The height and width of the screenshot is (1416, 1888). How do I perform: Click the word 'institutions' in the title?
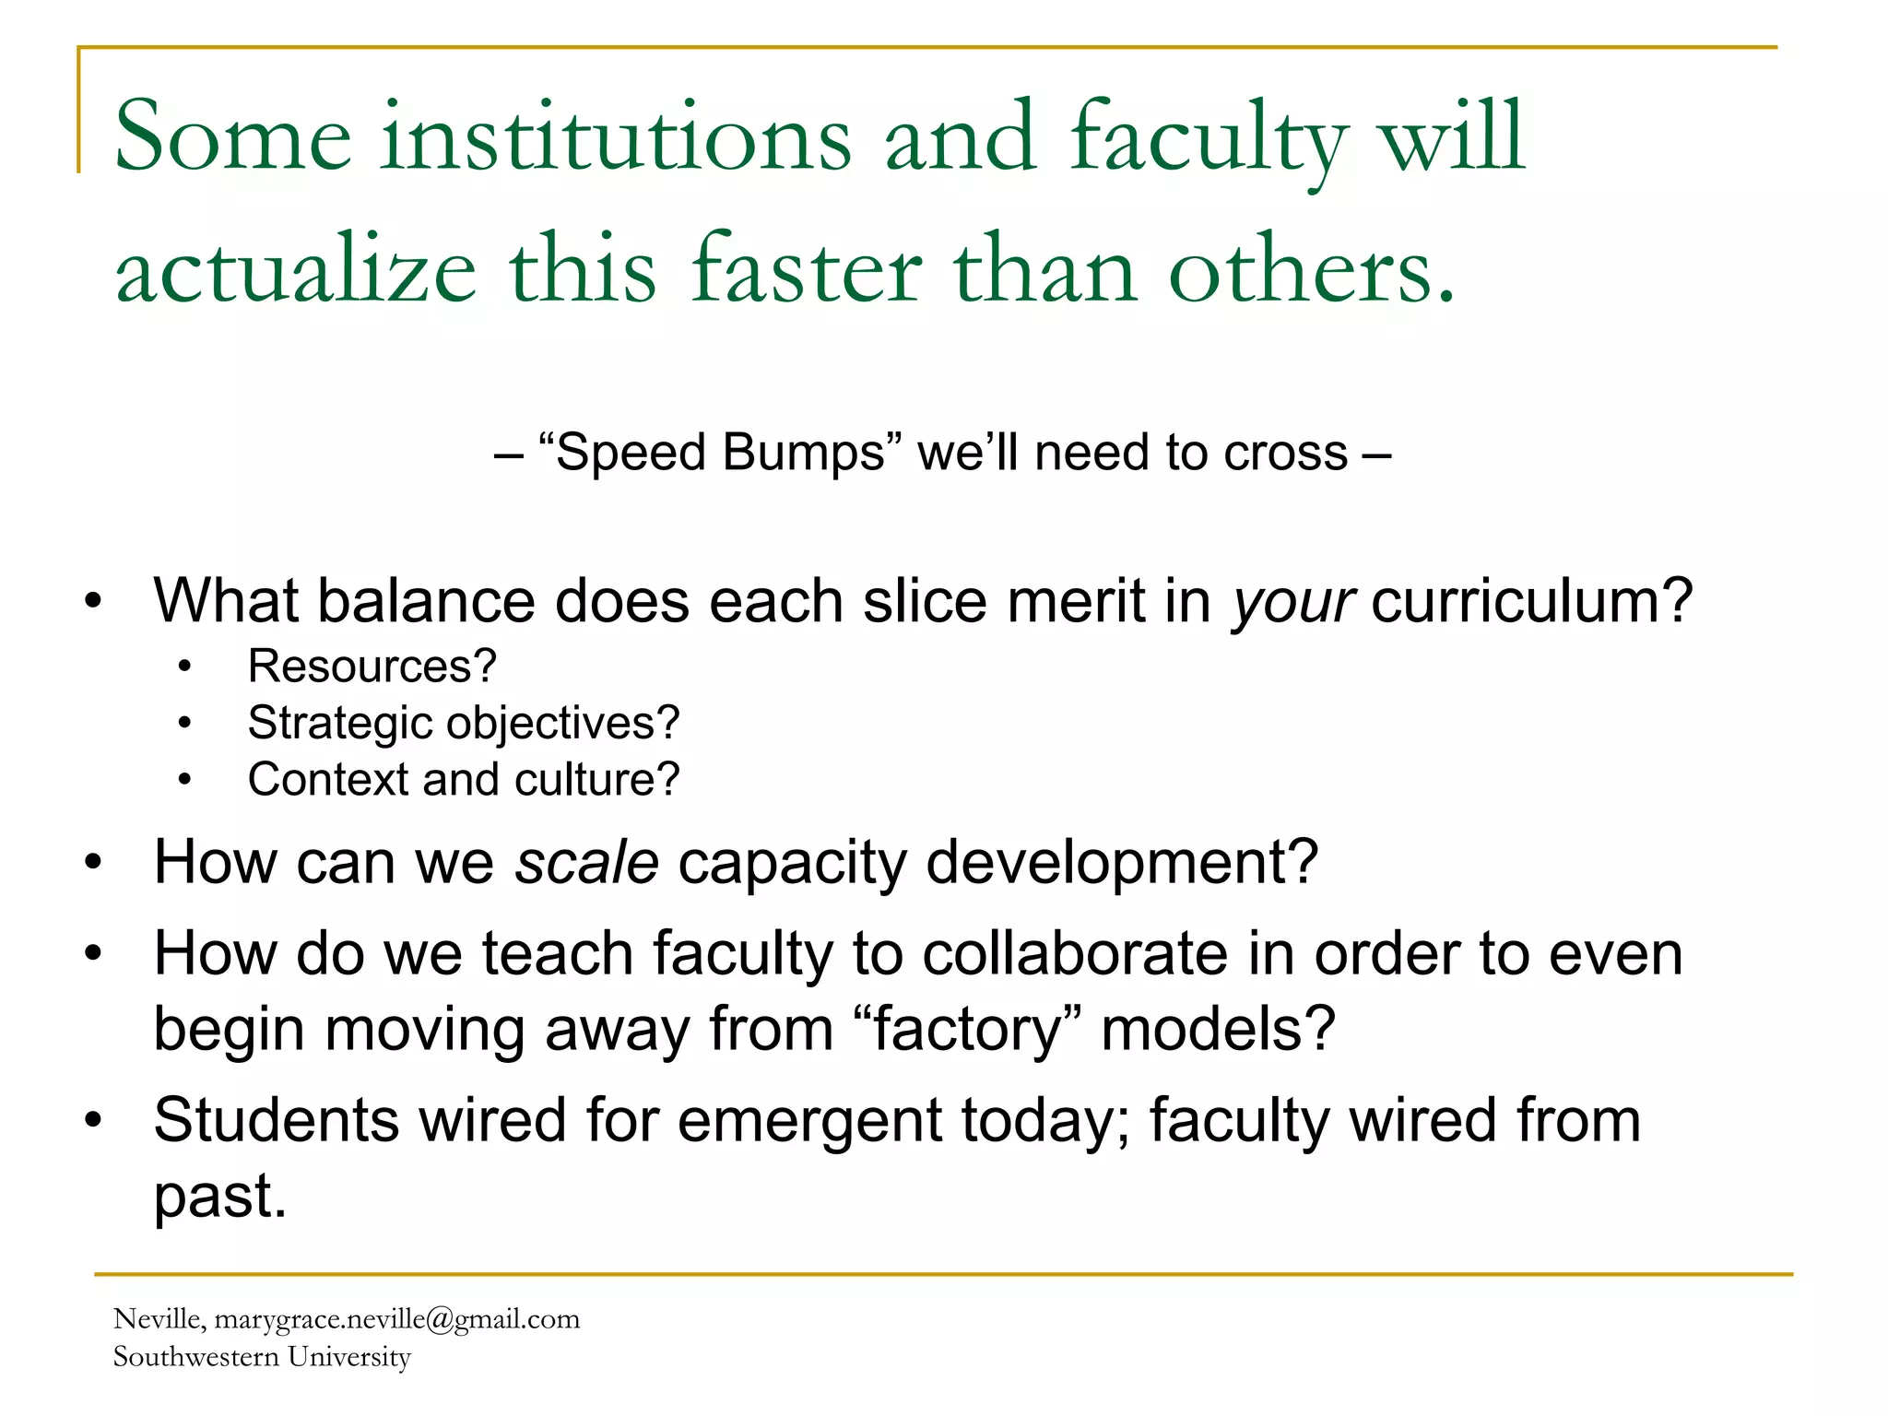coord(616,138)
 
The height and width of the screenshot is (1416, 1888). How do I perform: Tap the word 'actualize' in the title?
coord(296,270)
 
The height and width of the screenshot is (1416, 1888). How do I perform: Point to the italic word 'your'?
coord(1293,601)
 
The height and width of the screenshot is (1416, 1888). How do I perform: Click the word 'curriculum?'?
coord(1531,601)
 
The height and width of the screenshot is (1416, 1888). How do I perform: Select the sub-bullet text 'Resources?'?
coord(372,666)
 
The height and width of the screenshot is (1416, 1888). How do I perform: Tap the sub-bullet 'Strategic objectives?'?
coord(464,723)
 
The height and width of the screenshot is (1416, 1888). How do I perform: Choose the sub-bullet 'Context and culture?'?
coord(464,780)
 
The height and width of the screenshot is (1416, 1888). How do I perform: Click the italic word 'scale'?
coord(587,862)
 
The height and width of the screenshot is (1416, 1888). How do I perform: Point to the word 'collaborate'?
coord(1075,953)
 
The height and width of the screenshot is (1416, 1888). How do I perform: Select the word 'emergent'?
coord(808,1121)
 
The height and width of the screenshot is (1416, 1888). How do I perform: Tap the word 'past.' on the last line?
coord(220,1197)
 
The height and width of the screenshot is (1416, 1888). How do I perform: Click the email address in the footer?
coord(397,1319)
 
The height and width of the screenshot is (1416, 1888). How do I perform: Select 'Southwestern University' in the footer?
coord(262,1357)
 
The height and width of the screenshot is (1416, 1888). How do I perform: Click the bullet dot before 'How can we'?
coord(93,863)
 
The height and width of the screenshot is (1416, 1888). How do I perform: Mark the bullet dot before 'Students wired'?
coord(93,1121)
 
